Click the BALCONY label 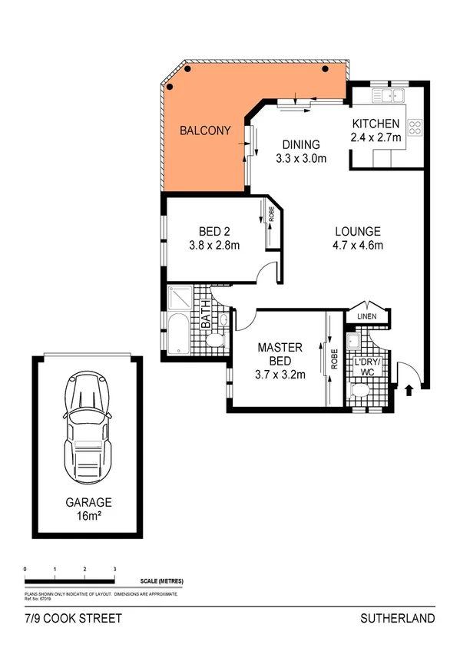(204, 131)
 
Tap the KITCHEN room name (376, 124)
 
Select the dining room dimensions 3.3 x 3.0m (301, 159)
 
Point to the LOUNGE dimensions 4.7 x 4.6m (358, 246)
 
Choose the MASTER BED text (280, 354)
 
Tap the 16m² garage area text (88, 517)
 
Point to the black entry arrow (409, 389)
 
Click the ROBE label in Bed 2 (271, 214)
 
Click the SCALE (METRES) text (161, 581)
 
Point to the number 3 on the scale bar (114, 569)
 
